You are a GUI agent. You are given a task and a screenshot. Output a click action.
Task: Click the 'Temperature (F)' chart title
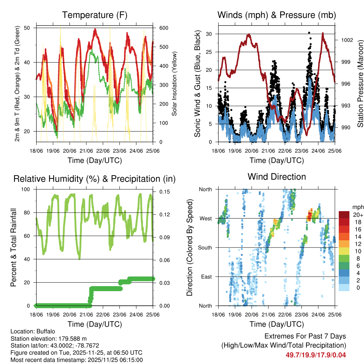pos(95,15)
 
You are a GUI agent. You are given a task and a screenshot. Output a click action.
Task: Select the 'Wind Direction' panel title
pos(277,177)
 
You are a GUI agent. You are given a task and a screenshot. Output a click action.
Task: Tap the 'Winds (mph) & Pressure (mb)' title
pos(277,15)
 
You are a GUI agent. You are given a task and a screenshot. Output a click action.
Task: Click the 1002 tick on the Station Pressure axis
pos(346,40)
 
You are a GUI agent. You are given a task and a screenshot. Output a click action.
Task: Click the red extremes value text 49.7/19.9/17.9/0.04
pos(316,355)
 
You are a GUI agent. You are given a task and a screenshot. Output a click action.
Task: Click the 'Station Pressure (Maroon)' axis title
pos(360,79)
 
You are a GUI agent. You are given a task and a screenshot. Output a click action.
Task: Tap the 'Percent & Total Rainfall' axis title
pos(14,247)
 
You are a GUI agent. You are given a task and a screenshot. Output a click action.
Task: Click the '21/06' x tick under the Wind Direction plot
pos(268,315)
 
